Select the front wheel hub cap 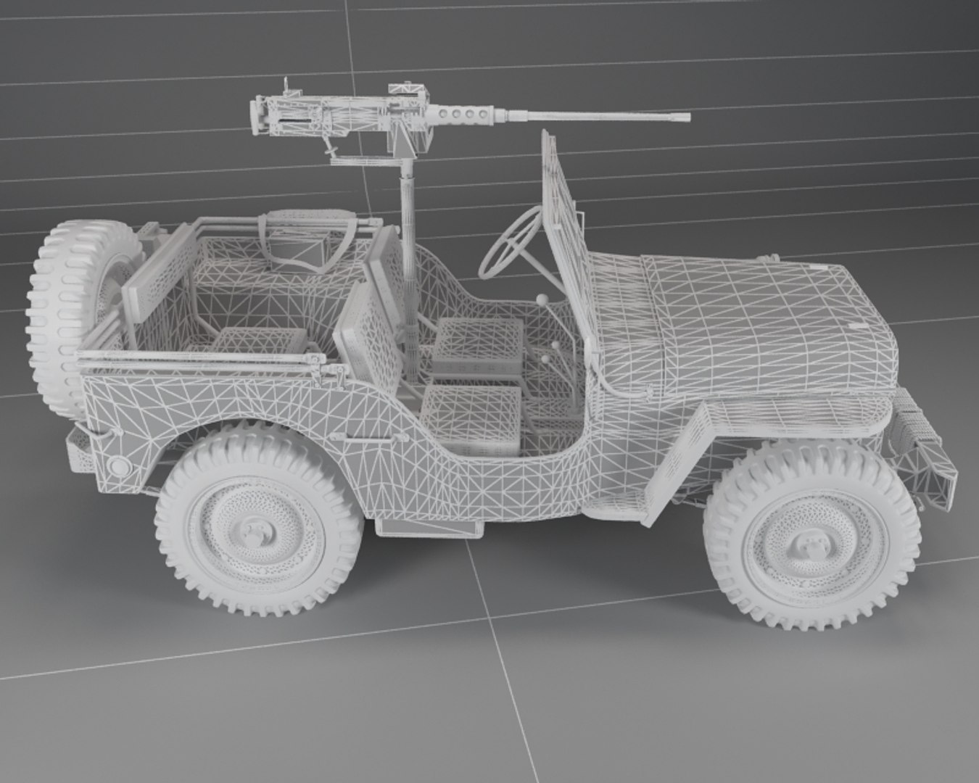[806, 543]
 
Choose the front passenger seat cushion [471, 420]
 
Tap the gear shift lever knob [540, 297]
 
